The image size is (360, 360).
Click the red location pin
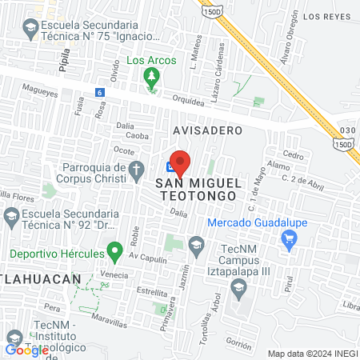click(180, 162)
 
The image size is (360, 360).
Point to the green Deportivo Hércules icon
click(114, 254)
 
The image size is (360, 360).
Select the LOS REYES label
click(326, 16)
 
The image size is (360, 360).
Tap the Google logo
click(26, 350)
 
